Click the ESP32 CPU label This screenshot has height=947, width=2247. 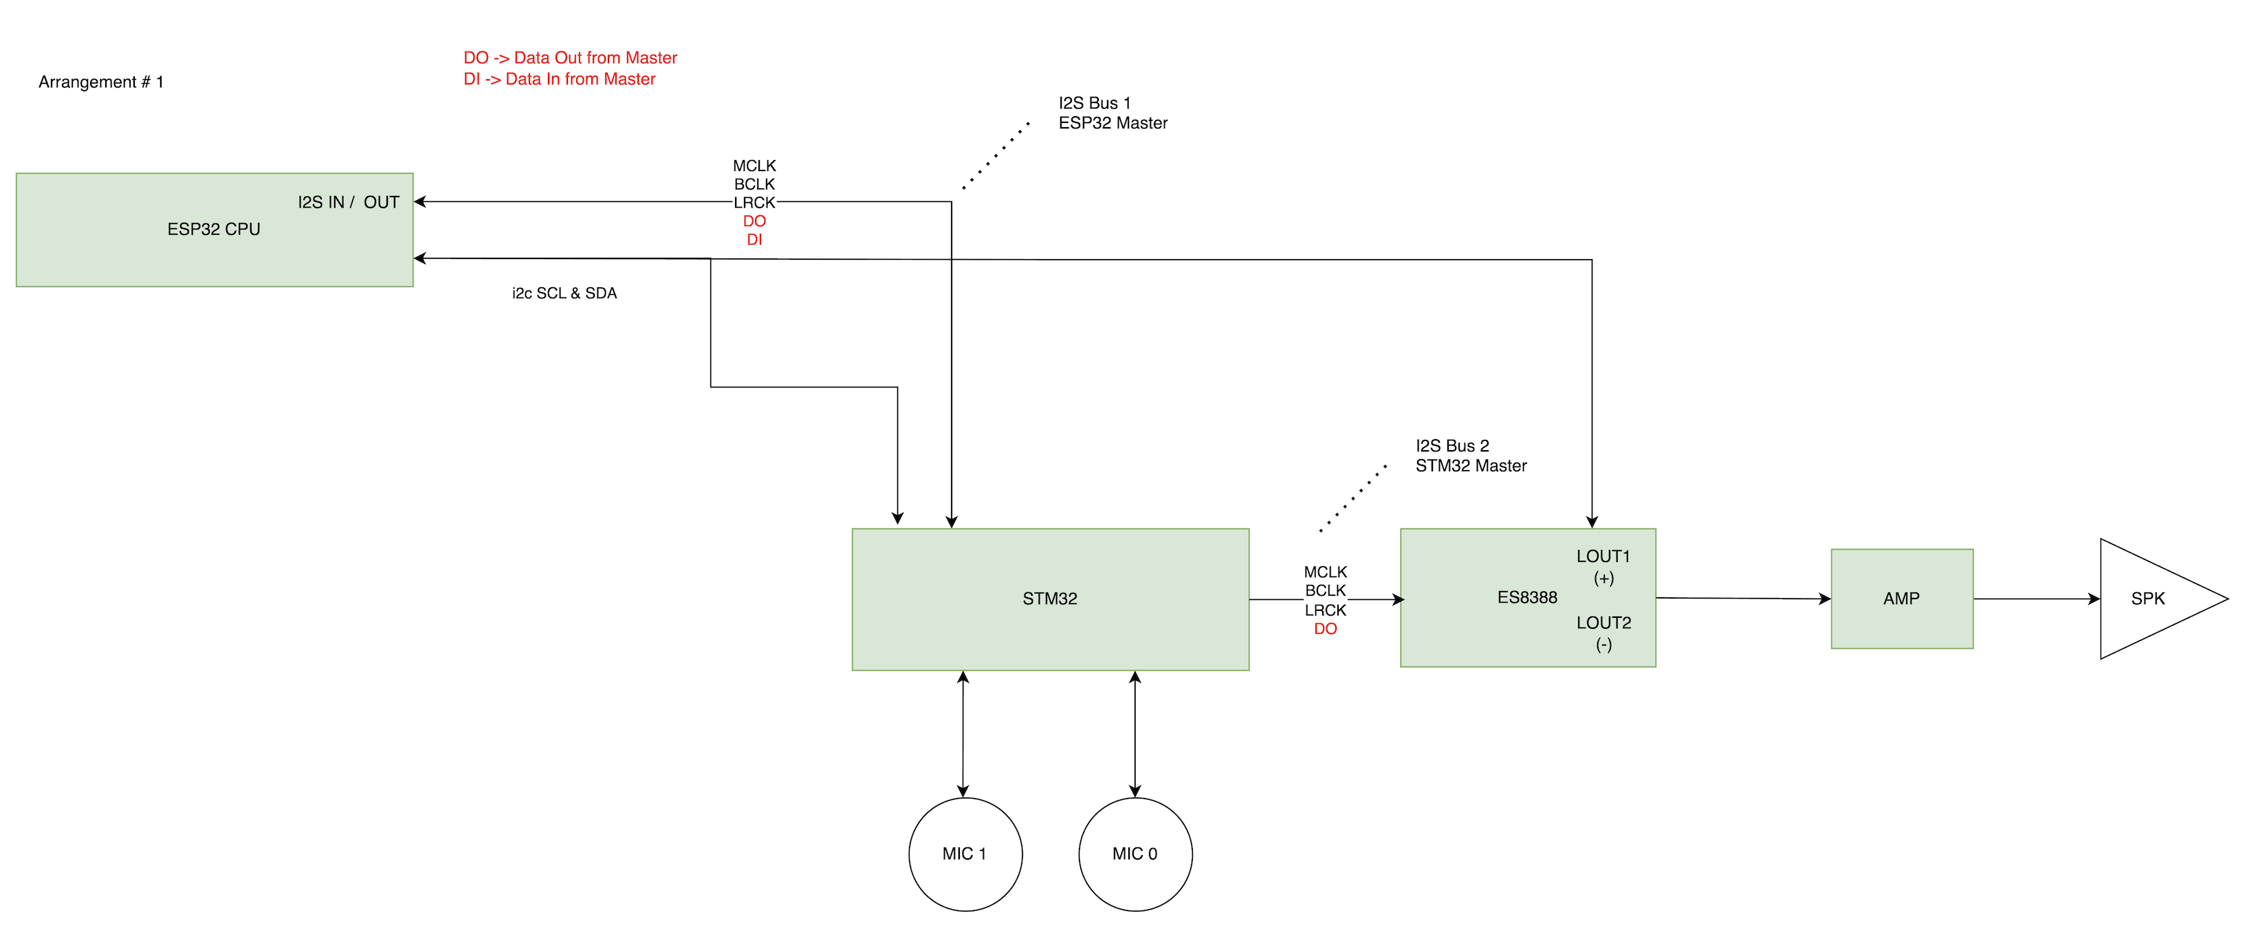214,230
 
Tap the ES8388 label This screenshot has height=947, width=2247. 1526,597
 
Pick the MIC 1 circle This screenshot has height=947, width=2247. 965,854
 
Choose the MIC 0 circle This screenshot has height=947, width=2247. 1135,854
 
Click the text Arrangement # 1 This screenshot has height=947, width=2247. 101,82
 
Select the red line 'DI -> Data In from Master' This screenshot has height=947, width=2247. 559,79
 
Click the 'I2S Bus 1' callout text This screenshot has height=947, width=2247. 1094,103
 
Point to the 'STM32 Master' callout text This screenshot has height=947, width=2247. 1471,466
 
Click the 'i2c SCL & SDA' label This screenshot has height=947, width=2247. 565,293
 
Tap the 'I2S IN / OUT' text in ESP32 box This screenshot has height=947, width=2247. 348,202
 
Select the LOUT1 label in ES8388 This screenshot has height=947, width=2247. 1602,557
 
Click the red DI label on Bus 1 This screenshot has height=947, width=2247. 754,240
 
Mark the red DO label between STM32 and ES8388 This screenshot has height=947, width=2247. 1325,629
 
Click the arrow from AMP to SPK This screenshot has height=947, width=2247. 2036,599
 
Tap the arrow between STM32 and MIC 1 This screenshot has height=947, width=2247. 963,734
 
